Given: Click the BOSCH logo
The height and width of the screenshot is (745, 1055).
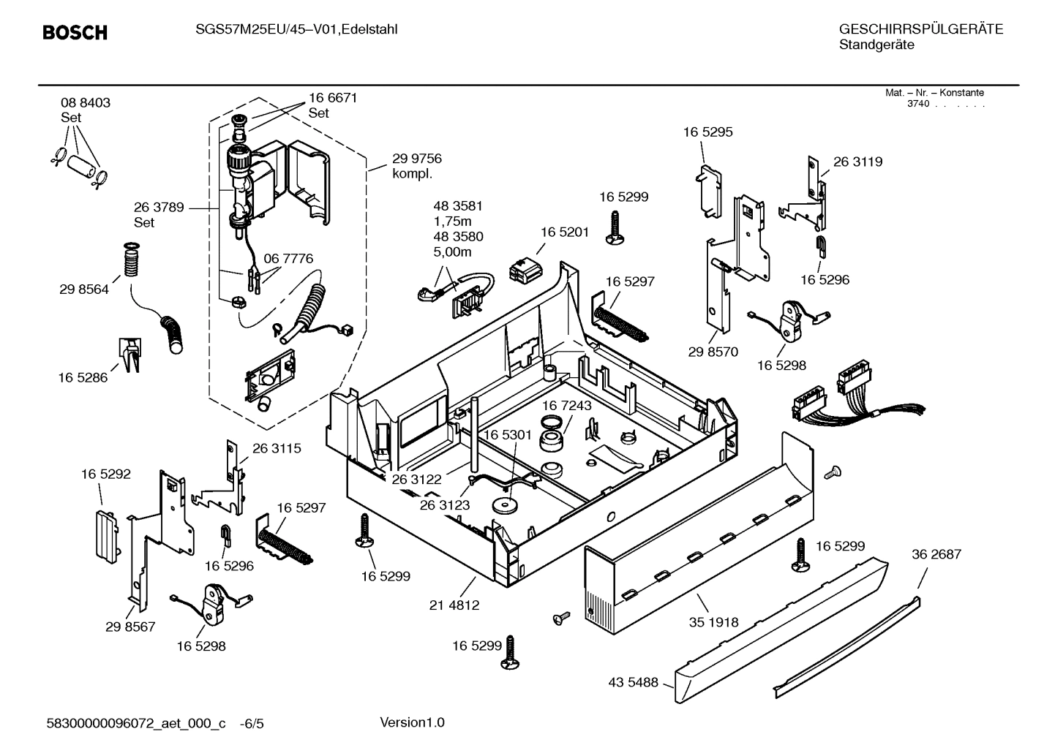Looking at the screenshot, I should (x=75, y=33).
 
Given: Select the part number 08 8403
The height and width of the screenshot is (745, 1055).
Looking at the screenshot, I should (x=86, y=103).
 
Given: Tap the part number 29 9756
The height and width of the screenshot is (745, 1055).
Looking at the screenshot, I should (x=416, y=159).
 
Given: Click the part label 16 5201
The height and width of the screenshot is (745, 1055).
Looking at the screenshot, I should (x=564, y=232).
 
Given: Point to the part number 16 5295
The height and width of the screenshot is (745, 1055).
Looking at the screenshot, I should (x=707, y=132).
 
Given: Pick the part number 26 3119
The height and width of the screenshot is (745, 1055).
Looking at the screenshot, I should (x=857, y=162).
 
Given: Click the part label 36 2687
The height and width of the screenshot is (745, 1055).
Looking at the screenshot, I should (x=936, y=555).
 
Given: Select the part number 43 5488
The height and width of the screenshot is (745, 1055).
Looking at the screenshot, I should (x=633, y=683).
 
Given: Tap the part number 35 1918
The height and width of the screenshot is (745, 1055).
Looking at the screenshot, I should (x=713, y=622).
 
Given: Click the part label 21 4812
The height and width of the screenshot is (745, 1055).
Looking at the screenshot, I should (x=454, y=605).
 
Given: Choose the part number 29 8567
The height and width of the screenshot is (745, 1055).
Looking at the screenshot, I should (x=130, y=627).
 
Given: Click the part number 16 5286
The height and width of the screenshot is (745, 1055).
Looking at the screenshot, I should (x=83, y=378).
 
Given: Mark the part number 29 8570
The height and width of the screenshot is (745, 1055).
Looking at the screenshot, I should (x=713, y=352).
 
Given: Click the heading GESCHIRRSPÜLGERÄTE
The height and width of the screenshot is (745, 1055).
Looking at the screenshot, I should (x=920, y=30).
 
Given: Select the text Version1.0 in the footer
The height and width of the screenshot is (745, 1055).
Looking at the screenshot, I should (x=412, y=723).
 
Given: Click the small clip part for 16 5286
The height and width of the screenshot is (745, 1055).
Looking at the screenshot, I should (x=130, y=354).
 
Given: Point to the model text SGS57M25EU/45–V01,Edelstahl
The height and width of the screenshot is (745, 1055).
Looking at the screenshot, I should (x=296, y=30).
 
